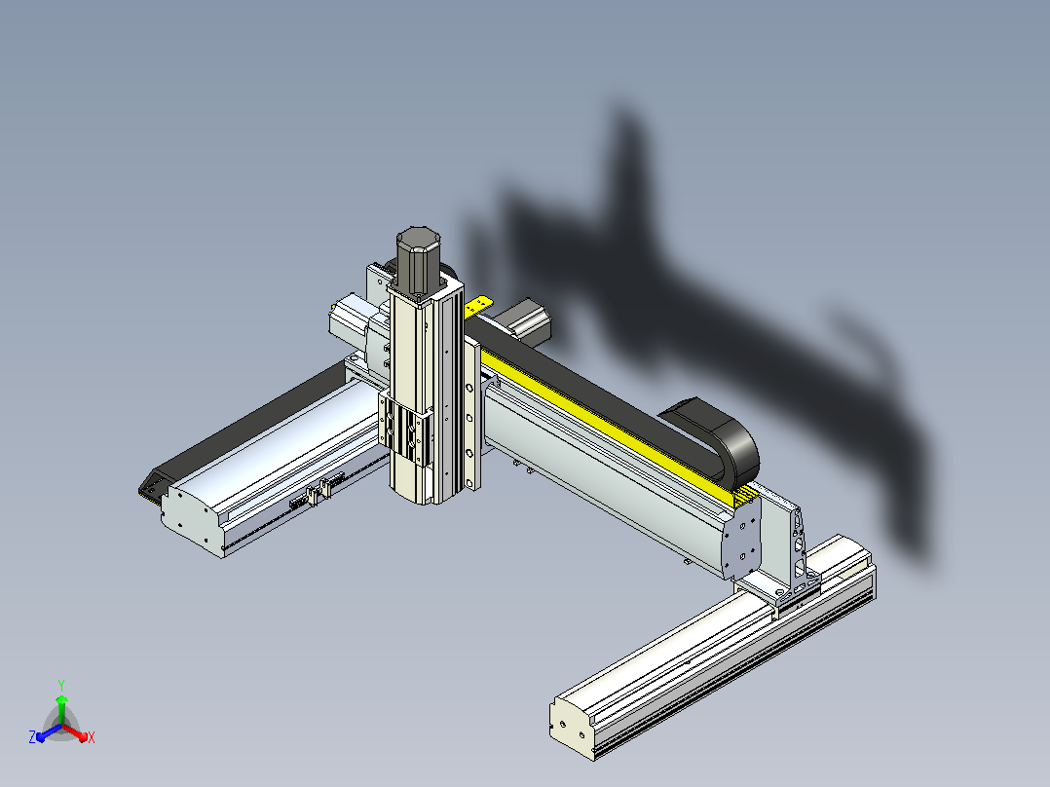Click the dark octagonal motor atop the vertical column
[x=418, y=260]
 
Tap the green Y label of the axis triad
[x=61, y=685]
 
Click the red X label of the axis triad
[x=92, y=737]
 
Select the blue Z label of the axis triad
[x=31, y=736]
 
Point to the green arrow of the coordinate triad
[x=61, y=709]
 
